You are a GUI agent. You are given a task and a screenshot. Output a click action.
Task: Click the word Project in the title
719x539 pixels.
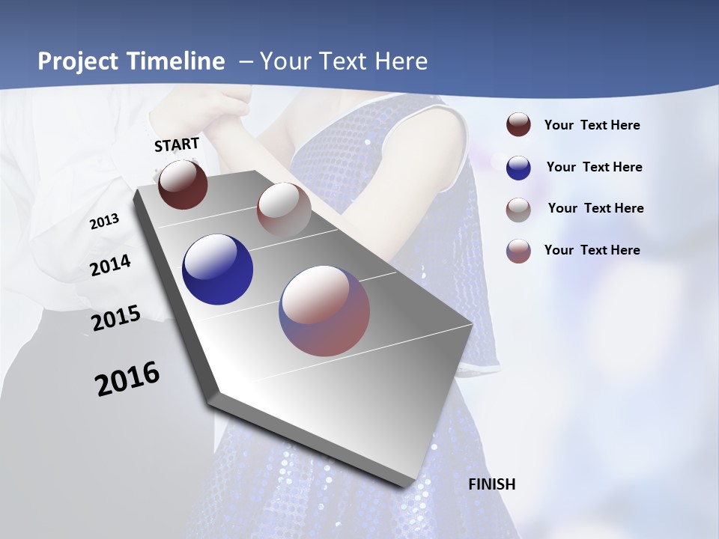coord(77,61)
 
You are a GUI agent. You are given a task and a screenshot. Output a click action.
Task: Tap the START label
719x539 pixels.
coord(177,144)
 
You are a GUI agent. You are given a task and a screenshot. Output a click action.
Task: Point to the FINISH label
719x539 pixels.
coord(492,484)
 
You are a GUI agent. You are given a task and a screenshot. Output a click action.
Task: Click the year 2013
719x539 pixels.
coord(105,222)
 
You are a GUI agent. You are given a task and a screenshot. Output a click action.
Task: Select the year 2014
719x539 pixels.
coord(110,265)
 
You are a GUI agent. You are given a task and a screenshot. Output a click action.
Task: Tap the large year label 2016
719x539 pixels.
coord(127,379)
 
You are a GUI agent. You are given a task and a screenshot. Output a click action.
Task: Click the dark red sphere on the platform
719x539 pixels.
coord(183,184)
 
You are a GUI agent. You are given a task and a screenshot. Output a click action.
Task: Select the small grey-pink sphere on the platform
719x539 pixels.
coord(284,209)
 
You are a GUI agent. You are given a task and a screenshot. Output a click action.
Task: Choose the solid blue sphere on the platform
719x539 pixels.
coord(217,269)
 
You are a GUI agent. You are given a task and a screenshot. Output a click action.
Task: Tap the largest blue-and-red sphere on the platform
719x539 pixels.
coord(324,311)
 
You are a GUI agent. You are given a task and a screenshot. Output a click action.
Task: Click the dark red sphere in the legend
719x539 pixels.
coord(518,125)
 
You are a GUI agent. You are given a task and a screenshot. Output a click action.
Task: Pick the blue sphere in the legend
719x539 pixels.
coord(518,168)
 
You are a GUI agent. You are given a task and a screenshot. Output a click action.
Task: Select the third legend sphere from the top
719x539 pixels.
coord(518,210)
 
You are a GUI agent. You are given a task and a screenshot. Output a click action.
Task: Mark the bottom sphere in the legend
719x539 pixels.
coord(518,251)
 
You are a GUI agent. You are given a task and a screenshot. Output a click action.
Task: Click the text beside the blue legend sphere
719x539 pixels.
coord(594,167)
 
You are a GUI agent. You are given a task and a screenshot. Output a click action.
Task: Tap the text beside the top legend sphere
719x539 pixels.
coord(592,125)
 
